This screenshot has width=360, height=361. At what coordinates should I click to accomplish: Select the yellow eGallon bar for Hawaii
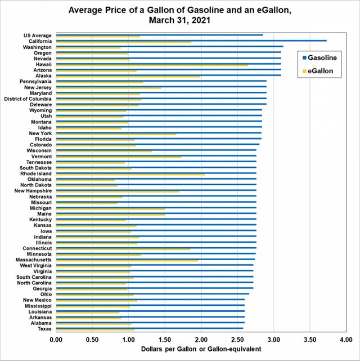click(x=152, y=65)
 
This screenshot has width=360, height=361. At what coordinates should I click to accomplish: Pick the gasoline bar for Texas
click(x=150, y=328)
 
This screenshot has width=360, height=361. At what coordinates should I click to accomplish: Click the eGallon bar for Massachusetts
click(x=127, y=261)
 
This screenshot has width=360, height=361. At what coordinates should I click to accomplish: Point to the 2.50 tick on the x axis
click(x=237, y=340)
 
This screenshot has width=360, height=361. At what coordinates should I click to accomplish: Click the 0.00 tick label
click(x=56, y=340)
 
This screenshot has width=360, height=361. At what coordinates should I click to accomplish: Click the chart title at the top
click(x=179, y=15)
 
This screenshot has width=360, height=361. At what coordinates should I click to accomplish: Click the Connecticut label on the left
click(x=37, y=248)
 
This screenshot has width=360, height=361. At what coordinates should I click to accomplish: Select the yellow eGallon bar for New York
click(x=116, y=134)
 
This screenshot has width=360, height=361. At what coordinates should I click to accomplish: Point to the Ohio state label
click(x=46, y=294)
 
